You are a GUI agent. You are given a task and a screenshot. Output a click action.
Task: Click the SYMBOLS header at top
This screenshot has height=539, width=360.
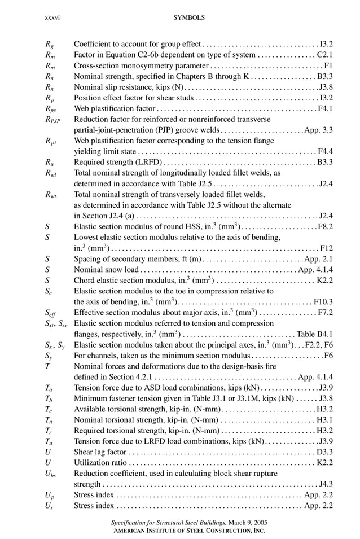[x=189, y=18]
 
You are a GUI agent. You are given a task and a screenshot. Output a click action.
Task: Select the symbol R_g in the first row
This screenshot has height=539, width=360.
[x=50, y=43]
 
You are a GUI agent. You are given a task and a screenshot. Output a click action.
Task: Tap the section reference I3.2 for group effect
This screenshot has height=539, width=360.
[x=326, y=43]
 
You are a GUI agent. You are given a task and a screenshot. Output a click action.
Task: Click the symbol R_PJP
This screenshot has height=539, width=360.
[x=52, y=120]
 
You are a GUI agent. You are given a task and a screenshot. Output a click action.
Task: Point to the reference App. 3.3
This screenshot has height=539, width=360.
[x=318, y=130]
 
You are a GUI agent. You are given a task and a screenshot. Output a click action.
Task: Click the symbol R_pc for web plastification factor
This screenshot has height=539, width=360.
[x=51, y=108]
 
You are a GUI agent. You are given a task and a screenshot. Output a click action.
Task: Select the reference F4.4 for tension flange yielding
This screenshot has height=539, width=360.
[x=325, y=151]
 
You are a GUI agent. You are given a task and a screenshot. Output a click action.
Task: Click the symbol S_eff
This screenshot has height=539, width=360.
[x=51, y=312]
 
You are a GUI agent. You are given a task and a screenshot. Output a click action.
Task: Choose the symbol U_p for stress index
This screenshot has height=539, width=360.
[x=50, y=496]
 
